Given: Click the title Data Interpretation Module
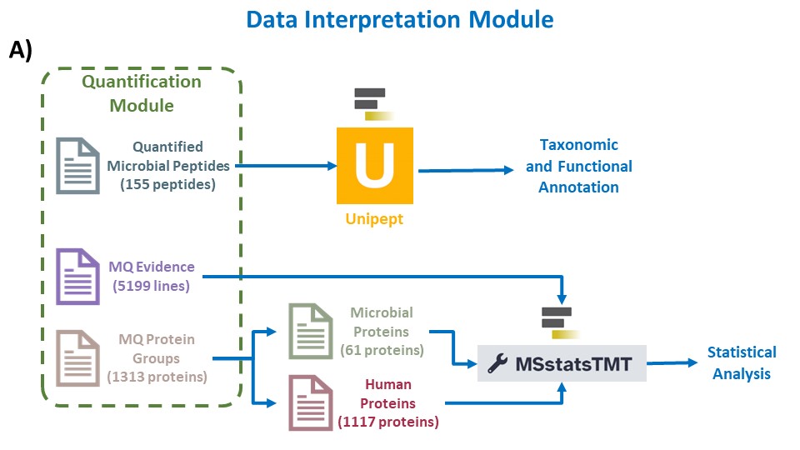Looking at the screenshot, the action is point(399,20).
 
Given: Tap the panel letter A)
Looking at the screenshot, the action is point(20,50).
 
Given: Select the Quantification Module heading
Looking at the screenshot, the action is point(142,93).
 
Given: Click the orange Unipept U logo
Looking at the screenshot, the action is point(375,166).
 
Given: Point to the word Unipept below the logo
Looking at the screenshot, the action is point(374,219).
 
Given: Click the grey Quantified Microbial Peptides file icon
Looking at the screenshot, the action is point(77,166).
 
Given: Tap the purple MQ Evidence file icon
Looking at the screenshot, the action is point(77,277).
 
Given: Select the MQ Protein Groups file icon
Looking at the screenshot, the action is point(77,358).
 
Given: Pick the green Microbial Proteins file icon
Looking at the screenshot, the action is point(311,331).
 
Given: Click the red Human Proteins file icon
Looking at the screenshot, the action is point(311,403).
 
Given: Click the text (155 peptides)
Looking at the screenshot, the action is point(167,184).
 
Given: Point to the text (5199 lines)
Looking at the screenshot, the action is point(151,286).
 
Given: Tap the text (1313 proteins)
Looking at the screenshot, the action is point(157,377).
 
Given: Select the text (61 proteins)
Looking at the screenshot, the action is point(382,351).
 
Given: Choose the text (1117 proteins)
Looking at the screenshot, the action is point(388,422).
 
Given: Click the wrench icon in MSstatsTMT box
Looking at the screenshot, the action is point(497,364).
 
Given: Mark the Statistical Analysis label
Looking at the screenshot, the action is point(742,362).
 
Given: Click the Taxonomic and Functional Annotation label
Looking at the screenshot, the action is point(579,166).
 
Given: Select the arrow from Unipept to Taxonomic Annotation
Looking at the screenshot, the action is point(466,170).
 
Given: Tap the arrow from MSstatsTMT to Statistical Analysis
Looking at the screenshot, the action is point(672,363).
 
